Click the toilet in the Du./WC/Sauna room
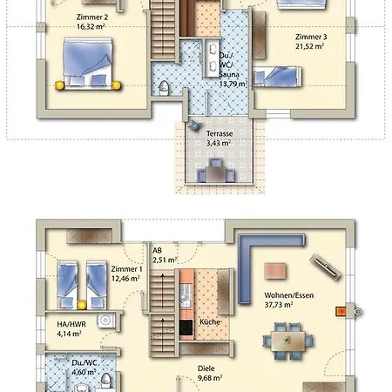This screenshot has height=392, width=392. (166, 84)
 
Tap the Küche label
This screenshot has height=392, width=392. (210, 322)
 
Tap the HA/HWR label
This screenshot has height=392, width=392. (57, 322)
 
